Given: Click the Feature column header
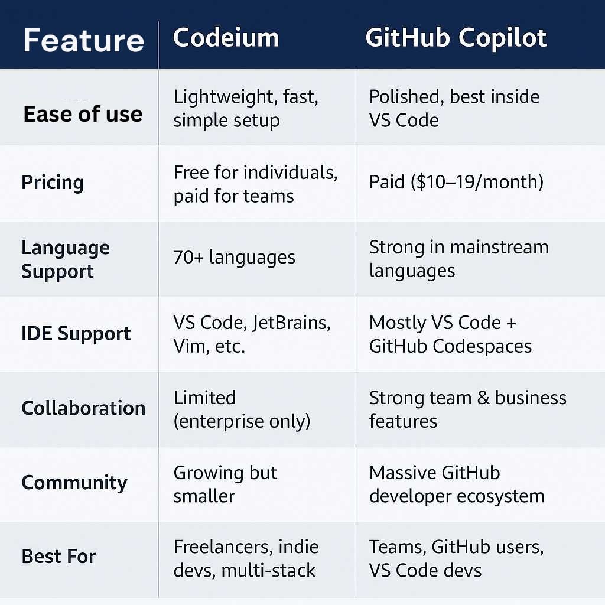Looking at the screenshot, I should coord(83,41).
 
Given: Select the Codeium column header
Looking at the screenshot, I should coord(226,38).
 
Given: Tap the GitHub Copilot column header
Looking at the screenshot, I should coord(456,38).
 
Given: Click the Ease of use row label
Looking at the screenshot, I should coord(83,113).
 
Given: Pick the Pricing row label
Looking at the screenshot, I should coord(53,182).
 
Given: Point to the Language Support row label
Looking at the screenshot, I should coord(66,259).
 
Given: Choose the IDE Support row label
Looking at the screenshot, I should coord(76,334).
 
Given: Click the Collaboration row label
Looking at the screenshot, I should coord(83,408).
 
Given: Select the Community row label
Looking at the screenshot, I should coord(74,483).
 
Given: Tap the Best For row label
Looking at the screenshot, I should coord(58,557).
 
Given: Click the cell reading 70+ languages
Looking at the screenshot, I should coord(234,258).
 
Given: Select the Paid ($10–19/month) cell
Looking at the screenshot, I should coord(456,182).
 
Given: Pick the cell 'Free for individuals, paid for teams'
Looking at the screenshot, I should coord(255,184).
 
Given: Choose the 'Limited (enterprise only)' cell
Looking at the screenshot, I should coord(242,409).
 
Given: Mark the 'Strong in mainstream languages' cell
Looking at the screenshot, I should coord(458,259).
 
